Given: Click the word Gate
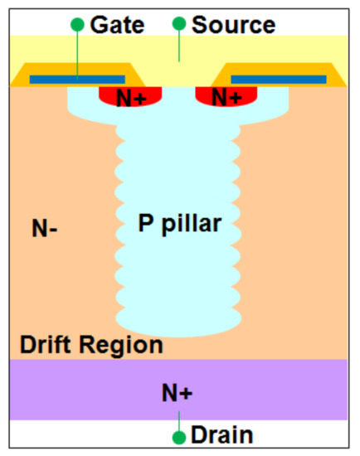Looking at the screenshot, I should (x=117, y=25).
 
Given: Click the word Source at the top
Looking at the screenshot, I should (x=233, y=25).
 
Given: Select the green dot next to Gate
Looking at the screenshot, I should (x=77, y=24).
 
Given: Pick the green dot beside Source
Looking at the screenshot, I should (x=178, y=24).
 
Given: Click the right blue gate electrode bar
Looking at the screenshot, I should (x=278, y=80).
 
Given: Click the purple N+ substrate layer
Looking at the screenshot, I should (x=83, y=390).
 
